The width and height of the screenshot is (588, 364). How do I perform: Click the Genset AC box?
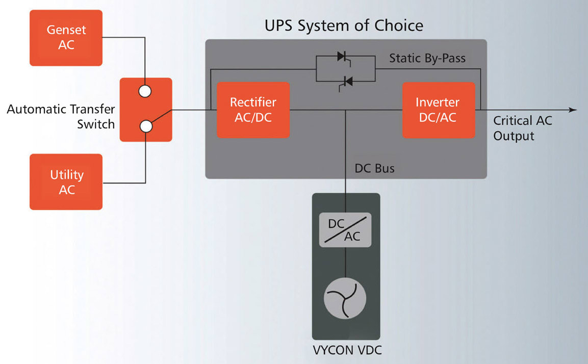(66, 38)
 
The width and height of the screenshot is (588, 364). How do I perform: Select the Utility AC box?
(66, 182)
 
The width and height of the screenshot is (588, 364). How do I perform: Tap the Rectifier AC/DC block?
(253, 110)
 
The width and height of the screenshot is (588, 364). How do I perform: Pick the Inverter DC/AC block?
(438, 110)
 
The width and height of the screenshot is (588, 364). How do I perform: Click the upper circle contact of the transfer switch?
(146, 91)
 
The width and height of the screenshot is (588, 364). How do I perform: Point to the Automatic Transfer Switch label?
(61, 117)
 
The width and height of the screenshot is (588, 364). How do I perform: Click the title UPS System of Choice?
(344, 25)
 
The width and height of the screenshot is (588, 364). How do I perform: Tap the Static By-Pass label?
(427, 58)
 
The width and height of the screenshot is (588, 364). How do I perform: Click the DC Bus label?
(374, 168)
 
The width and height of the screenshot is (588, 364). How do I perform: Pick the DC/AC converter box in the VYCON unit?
(345, 230)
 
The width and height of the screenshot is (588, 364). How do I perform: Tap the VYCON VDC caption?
(346, 351)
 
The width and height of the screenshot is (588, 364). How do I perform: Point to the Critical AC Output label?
(522, 128)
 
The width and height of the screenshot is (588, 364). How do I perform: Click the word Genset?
(66, 30)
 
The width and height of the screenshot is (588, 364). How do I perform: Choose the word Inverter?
(438, 102)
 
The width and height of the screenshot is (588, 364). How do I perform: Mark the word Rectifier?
(253, 102)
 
